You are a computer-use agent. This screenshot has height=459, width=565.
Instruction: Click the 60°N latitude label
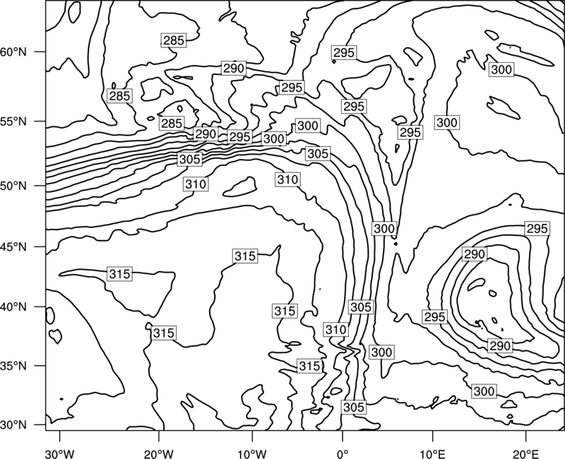point(13,52)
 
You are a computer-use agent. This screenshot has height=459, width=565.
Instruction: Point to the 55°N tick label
point(13,121)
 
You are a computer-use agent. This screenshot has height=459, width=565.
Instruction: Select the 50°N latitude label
point(13,186)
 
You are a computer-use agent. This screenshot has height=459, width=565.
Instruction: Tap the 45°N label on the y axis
point(13,246)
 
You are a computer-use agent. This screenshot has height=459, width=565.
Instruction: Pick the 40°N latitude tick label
point(13,307)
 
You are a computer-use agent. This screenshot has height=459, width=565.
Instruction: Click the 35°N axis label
point(13,366)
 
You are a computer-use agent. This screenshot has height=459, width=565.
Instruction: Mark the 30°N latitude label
point(13,425)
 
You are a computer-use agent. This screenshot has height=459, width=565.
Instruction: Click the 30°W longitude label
point(59,453)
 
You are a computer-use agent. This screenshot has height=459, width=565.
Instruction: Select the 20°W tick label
point(158,453)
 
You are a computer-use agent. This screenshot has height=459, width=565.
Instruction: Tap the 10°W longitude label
point(252,453)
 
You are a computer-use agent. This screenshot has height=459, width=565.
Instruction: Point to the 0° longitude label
point(343,453)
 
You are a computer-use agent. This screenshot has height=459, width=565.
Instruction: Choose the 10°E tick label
point(432,453)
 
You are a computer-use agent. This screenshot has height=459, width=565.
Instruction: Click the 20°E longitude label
point(525,453)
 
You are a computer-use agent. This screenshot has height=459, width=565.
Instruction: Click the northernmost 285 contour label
point(174,40)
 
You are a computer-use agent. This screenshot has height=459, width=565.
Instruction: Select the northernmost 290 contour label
point(234,68)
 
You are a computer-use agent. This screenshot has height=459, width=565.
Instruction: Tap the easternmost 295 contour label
point(537,229)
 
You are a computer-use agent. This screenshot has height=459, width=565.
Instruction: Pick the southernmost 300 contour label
point(484,391)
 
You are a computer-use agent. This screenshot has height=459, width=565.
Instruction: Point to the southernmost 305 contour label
point(354,407)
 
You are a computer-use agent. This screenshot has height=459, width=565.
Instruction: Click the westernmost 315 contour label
point(119,274)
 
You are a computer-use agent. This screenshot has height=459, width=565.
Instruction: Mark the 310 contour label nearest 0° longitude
point(336,330)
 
